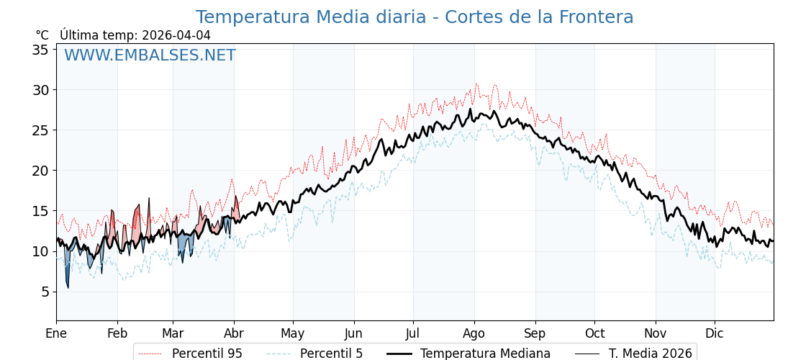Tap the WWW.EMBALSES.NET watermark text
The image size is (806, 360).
(150, 55)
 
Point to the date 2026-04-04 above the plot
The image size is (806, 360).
(176, 35)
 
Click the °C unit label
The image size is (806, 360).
(42, 35)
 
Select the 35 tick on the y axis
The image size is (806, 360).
(40, 50)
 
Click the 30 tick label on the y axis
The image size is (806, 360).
(40, 90)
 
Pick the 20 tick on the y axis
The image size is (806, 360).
(40, 171)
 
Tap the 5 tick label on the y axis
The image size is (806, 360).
(44, 292)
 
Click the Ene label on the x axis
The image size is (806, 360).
(56, 333)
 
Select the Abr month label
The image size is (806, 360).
(234, 333)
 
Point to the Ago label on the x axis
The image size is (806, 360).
(474, 333)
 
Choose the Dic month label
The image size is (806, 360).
(715, 333)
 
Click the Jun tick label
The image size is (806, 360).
(354, 333)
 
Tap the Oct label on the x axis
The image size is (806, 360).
(594, 333)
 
